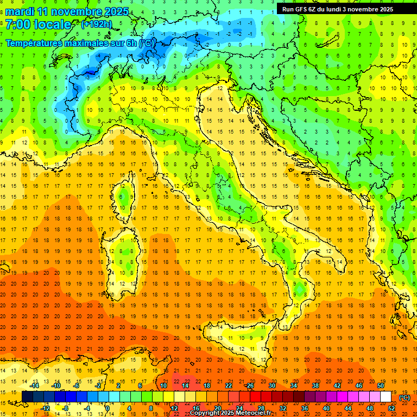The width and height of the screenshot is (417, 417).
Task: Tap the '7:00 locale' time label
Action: (38, 24)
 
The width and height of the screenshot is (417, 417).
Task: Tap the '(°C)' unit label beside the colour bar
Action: (405, 397)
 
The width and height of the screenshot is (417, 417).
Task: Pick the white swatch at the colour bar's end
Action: (386, 397)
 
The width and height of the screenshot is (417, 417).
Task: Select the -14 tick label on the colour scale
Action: (35, 386)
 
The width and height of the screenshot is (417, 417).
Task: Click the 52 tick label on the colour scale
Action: (391, 408)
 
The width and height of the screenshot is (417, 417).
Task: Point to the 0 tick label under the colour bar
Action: (107, 408)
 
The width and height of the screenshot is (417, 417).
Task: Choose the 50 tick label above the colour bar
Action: (381, 386)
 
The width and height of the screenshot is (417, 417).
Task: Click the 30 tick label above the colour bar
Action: (272, 386)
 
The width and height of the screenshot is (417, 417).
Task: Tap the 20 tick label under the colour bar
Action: (217, 408)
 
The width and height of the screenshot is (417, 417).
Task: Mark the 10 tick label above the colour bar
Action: (163, 386)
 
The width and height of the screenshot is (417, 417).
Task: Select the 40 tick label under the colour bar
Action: (326, 408)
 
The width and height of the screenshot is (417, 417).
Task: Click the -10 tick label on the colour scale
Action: (56, 386)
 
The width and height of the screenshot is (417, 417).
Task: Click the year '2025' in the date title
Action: (116, 11)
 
